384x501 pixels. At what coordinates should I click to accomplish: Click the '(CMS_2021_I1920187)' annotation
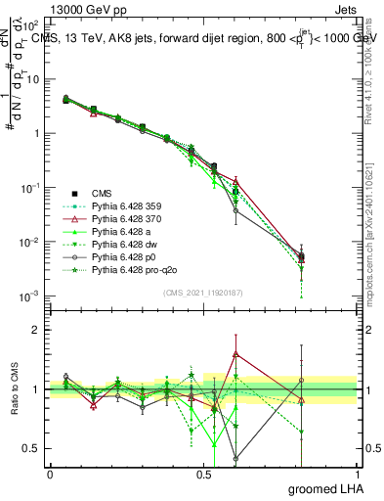[x=203, y=292]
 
